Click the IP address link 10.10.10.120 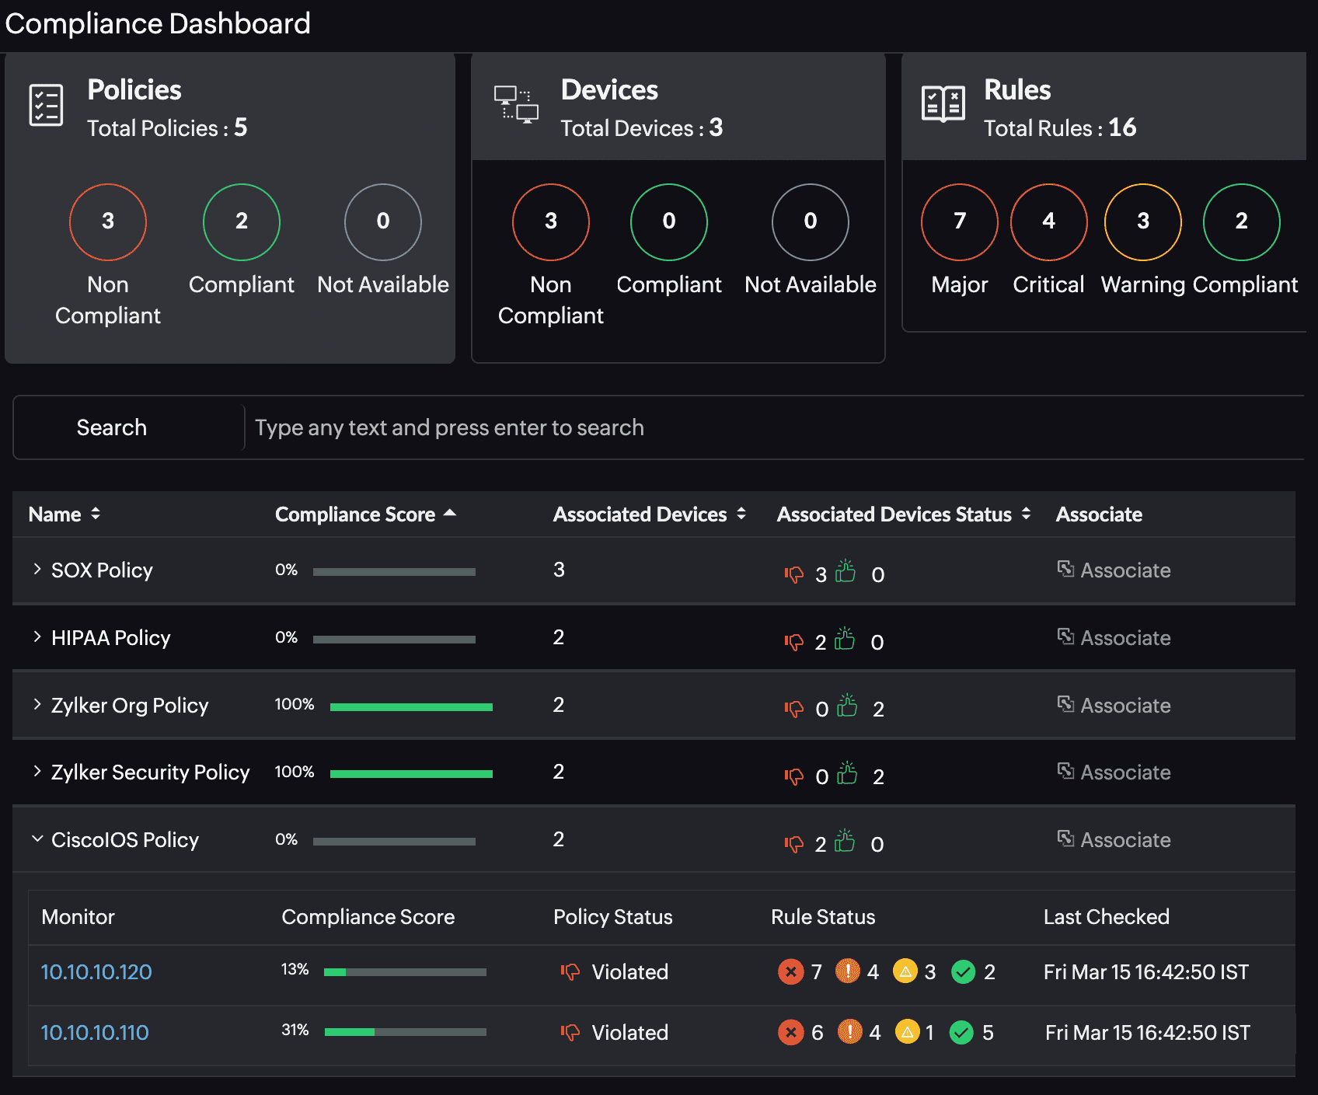[x=96, y=972]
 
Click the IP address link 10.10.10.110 [x=94, y=1033]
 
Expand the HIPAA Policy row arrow [x=37, y=637]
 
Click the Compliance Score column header [x=355, y=514]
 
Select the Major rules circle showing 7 [x=959, y=222]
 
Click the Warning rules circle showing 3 [x=1142, y=222]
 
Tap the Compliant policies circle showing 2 [x=242, y=222]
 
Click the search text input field [x=769, y=427]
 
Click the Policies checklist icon [x=46, y=105]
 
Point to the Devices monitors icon [x=516, y=105]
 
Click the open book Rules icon [x=943, y=104]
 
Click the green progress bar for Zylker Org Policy [x=411, y=706]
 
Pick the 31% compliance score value [x=295, y=1030]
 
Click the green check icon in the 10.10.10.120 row [x=964, y=971]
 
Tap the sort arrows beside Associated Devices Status [x=1026, y=514]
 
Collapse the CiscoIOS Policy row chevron [x=37, y=839]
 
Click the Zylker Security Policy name [x=150, y=772]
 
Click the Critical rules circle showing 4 [x=1048, y=222]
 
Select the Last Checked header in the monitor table [x=1106, y=917]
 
